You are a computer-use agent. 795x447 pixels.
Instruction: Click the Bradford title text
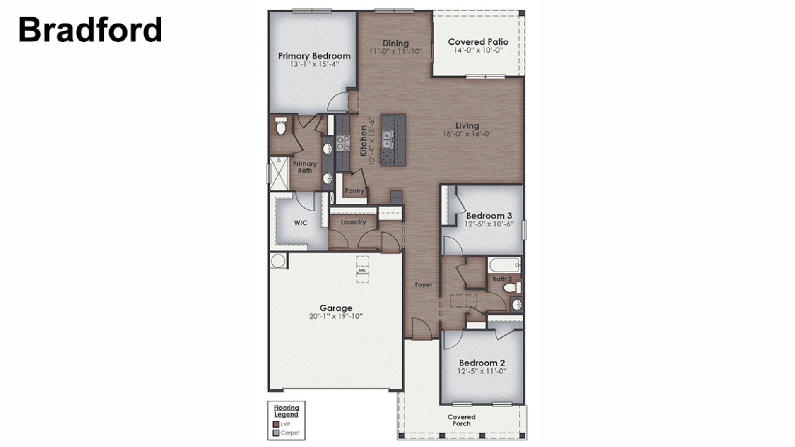pyautogui.click(x=90, y=30)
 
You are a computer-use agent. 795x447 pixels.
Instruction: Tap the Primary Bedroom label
pyautogui.click(x=314, y=56)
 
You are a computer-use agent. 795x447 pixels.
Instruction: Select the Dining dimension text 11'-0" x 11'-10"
pyautogui.click(x=396, y=52)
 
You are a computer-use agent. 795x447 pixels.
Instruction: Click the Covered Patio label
pyautogui.click(x=478, y=42)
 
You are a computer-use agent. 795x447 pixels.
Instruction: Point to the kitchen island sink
pyautogui.click(x=388, y=139)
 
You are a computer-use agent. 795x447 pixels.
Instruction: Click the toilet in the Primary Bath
pyautogui.click(x=281, y=126)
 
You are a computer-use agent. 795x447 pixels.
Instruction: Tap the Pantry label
pyautogui.click(x=354, y=191)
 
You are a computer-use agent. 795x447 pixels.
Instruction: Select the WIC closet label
pyautogui.click(x=301, y=223)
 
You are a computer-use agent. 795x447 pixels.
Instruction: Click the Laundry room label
pyautogui.click(x=353, y=222)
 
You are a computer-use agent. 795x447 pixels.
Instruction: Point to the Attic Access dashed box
pyautogui.click(x=362, y=269)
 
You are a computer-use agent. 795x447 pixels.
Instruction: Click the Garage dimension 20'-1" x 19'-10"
pyautogui.click(x=336, y=317)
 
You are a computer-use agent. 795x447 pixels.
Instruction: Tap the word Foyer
pyautogui.click(x=424, y=285)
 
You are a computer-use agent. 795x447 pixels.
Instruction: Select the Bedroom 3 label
pyautogui.click(x=489, y=216)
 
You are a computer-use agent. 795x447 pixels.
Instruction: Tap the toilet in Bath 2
pyautogui.click(x=511, y=288)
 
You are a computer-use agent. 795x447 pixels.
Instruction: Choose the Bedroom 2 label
pyautogui.click(x=482, y=363)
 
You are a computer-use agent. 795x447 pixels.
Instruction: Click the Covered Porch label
pyautogui.click(x=461, y=420)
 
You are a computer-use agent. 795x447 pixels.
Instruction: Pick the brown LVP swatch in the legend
pyautogui.click(x=276, y=424)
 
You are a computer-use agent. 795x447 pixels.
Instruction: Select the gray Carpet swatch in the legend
pyautogui.click(x=276, y=433)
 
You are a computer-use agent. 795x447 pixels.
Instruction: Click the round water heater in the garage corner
pyautogui.click(x=278, y=261)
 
